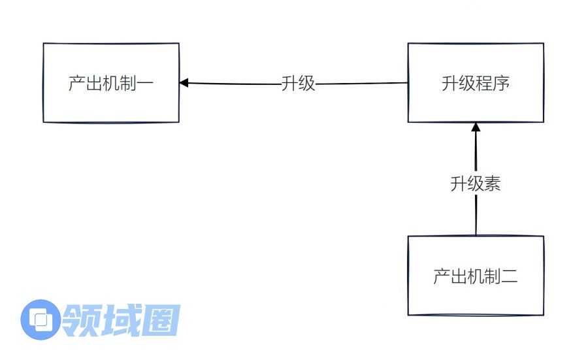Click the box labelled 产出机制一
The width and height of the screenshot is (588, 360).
pos(111,83)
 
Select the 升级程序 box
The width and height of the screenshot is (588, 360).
pos(476,83)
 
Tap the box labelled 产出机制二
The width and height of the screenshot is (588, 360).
pos(476,276)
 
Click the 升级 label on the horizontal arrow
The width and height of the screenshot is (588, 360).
pos(298,84)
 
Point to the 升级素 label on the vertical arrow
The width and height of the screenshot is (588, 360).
pos(476,184)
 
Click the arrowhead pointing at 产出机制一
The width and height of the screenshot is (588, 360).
pos(184,83)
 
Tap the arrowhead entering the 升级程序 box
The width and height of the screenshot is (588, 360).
pos(476,127)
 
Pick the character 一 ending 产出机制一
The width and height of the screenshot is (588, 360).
pos(146,84)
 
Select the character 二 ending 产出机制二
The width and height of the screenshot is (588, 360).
pos(510,276)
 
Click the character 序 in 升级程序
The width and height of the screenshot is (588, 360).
pos(501,84)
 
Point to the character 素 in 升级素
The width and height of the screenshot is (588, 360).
pos(493,184)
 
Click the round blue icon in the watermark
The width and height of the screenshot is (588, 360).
pos(41,319)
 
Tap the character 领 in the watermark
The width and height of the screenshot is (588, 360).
pos(80,320)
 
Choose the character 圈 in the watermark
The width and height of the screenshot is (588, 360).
pos(161,320)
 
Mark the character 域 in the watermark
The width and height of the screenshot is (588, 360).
pos(120,320)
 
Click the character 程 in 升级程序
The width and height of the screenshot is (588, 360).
pos(484,84)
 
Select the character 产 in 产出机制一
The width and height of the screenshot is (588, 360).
pos(77,84)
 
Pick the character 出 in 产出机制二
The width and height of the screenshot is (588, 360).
pos(459,276)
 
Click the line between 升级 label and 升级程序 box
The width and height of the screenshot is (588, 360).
pos(361,84)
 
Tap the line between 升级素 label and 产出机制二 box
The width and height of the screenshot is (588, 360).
pos(476,216)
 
